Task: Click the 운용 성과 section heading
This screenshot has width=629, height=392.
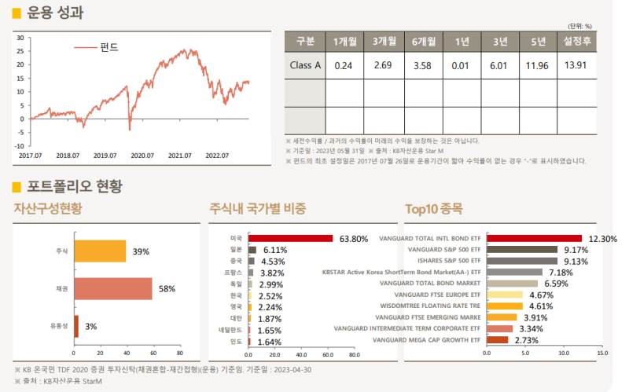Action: coord(55,13)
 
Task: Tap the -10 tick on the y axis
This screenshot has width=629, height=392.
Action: coord(20,145)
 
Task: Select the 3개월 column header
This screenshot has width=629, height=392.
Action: coord(384,42)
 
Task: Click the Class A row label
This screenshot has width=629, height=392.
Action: coord(305,66)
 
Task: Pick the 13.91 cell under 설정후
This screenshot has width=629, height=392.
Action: coord(576,66)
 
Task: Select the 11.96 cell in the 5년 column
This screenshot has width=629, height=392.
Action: coord(537,66)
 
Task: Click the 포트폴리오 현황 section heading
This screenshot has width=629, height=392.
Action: coord(74,186)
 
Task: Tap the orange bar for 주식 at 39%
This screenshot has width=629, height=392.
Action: coord(100,251)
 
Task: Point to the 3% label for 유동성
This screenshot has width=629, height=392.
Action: coord(90,326)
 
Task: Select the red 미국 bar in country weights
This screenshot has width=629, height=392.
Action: coord(290,238)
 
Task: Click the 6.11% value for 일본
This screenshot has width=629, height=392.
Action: coord(275,250)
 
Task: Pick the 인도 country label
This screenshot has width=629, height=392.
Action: coord(236,342)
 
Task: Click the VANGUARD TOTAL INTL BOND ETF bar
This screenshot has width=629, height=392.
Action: coord(534,238)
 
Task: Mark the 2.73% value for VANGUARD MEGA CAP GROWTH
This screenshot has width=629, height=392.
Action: coord(527,340)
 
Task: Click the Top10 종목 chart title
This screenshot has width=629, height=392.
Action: coord(434,209)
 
